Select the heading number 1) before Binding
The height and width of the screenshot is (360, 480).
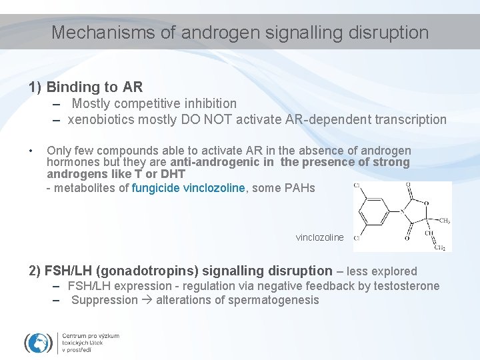pos(36,87)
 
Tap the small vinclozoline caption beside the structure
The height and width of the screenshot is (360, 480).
pos(320,237)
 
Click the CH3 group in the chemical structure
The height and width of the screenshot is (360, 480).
pos(444,221)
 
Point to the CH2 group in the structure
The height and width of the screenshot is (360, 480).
pos(441,248)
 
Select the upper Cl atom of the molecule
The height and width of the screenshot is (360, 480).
pos(357,185)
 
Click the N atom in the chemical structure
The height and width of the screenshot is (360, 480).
pos(403,211)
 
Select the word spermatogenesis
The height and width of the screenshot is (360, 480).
pos(273,300)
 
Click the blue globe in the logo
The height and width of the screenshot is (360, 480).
pos(39,343)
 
